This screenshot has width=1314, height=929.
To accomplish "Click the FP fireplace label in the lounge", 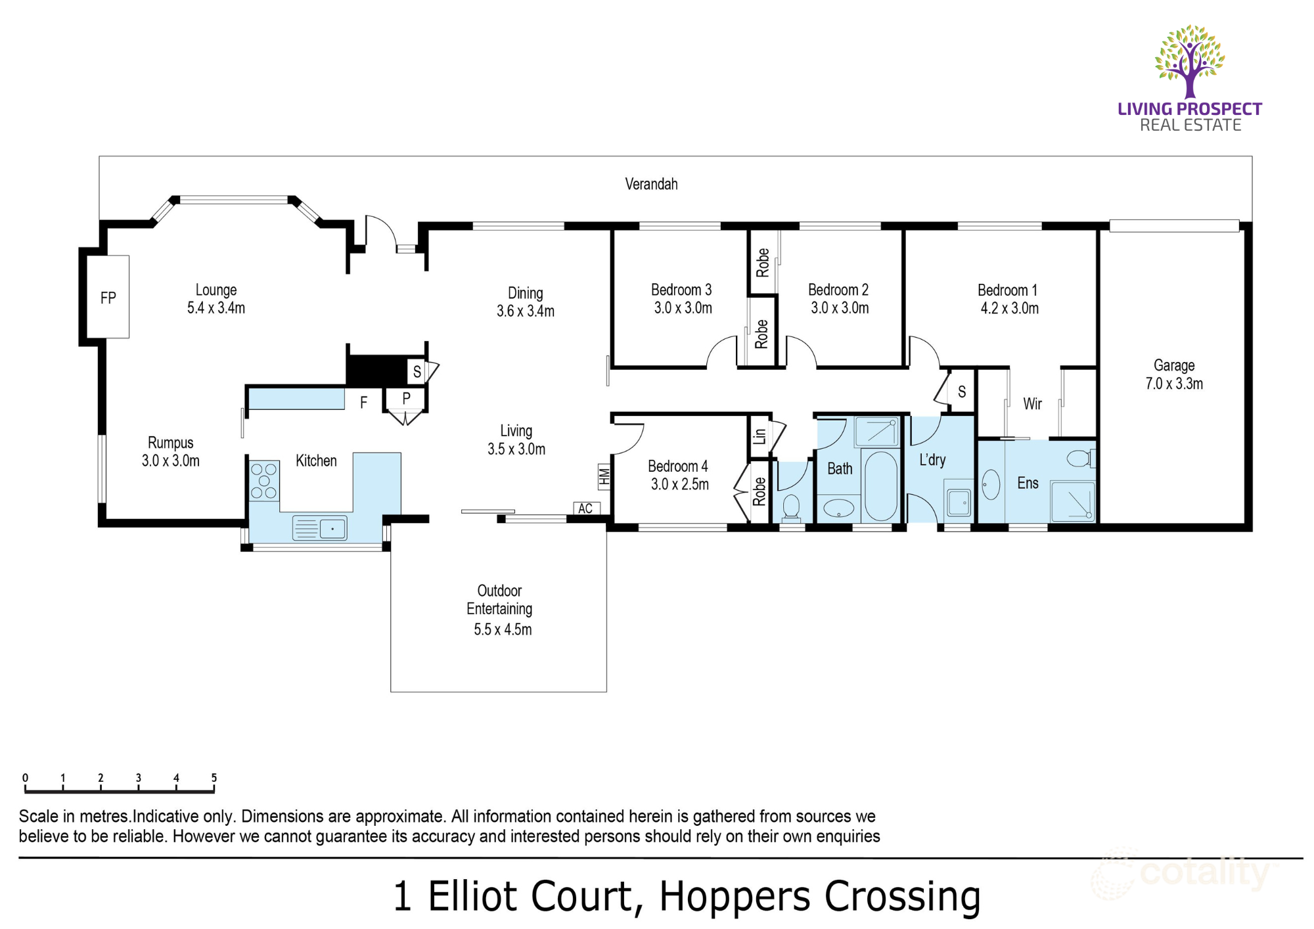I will tap(108, 298).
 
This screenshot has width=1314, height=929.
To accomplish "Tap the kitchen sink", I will tap(320, 528).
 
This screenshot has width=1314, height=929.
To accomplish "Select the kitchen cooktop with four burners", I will tap(264, 482).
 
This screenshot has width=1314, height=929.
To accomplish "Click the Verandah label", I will tap(650, 184).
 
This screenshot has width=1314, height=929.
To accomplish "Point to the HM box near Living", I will tap(604, 476).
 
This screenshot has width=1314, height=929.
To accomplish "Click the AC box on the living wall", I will tap(586, 509).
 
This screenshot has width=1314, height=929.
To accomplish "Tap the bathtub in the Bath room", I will tap(880, 486).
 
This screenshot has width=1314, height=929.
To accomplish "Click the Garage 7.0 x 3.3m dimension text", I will tap(1174, 384).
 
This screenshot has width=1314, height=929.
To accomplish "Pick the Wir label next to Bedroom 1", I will tap(1032, 404).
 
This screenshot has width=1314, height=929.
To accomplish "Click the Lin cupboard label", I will tap(759, 436).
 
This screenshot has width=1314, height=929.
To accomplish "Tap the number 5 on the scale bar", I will tap(214, 778).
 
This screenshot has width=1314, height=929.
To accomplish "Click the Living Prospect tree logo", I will tap(1190, 61).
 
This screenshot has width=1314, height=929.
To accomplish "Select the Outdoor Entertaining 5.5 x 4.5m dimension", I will tap(503, 629).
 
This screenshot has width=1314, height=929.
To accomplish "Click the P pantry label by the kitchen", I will tap(406, 398).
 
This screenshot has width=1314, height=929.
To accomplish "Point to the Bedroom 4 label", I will tap(677, 466).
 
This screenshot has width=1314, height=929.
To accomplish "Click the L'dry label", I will tap(932, 460).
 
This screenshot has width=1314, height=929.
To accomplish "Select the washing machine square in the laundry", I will tap(959, 503).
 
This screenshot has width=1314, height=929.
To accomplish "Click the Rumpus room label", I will tap(170, 443).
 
